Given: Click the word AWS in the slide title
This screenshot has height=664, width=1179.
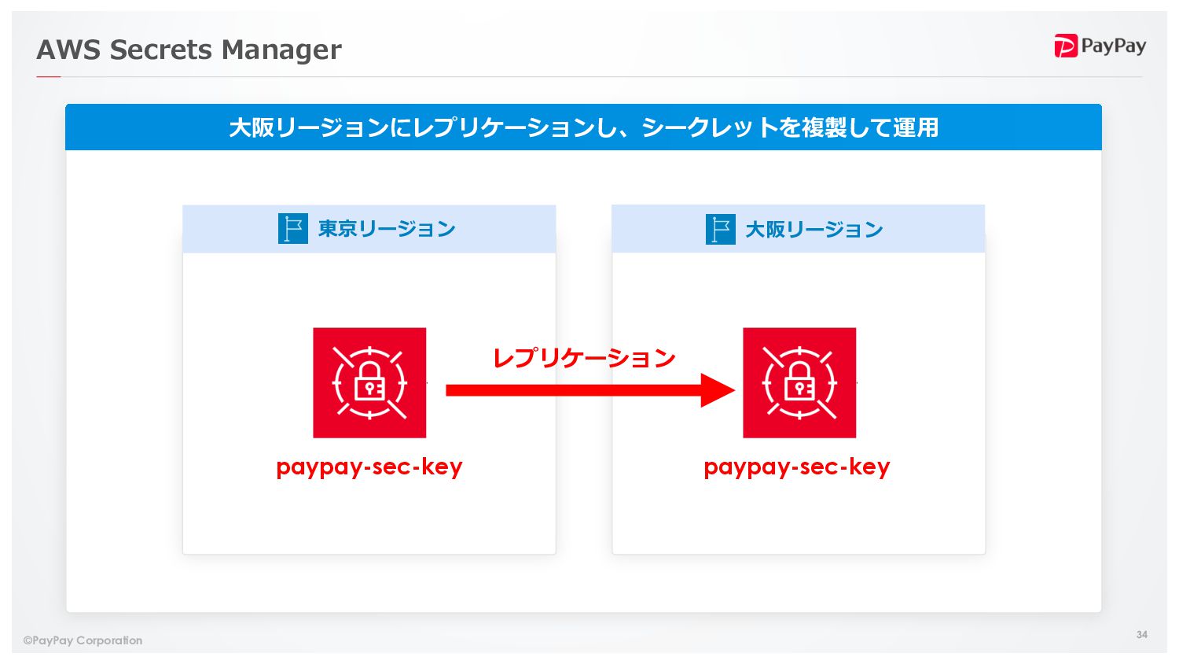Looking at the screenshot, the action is [x=68, y=50].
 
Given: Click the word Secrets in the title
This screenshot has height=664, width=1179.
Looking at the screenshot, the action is [x=160, y=50].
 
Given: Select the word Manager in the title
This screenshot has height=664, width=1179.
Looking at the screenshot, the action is [x=281, y=50].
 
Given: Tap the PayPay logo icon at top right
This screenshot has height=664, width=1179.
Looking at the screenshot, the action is [x=1065, y=46].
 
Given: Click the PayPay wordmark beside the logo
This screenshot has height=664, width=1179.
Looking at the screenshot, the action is [x=1113, y=46].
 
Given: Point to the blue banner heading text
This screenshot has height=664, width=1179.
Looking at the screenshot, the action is [x=583, y=127].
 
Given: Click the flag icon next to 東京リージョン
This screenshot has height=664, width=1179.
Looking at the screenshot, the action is [x=292, y=229].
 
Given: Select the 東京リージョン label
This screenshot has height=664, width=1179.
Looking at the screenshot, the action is [x=387, y=229].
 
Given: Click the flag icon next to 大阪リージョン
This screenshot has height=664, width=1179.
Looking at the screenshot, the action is [x=720, y=230].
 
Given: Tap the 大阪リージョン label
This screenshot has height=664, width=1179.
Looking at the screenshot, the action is [x=814, y=230].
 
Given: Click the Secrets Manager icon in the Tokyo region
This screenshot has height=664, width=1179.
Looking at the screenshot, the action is [x=369, y=383].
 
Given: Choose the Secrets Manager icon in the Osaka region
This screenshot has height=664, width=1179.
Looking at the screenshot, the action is [x=799, y=383].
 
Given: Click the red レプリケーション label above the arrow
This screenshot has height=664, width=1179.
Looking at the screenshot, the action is [x=584, y=358].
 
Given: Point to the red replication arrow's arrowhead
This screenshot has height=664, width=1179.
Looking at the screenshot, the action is [x=717, y=390].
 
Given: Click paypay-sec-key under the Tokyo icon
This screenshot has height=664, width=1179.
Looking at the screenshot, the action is [x=369, y=467].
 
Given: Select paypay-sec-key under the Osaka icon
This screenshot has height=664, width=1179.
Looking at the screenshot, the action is [x=797, y=467].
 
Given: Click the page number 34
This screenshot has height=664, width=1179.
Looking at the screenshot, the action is [x=1141, y=634].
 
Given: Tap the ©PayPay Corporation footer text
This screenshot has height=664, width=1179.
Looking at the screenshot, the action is [x=83, y=640].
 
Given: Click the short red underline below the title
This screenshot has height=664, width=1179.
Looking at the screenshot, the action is [x=49, y=76].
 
